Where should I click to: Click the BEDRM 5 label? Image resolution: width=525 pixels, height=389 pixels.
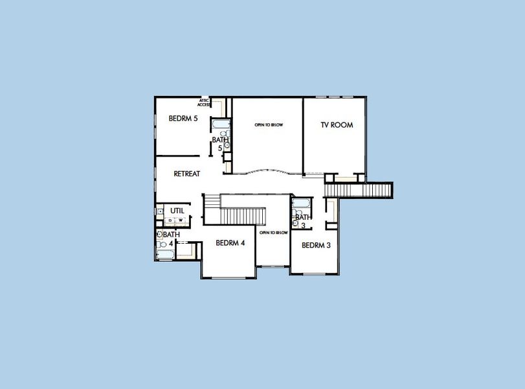(x=183, y=119)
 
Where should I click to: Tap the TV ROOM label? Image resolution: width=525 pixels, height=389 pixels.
(x=337, y=125)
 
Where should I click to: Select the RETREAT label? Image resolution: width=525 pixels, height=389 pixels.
(x=186, y=174)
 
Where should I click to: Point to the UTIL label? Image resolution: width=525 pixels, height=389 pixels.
(x=177, y=211)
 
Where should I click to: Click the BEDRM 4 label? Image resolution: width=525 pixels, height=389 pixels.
(x=230, y=243)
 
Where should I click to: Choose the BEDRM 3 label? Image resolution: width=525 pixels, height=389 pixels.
(x=316, y=245)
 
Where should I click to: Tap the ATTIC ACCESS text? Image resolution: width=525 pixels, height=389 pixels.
(x=204, y=102)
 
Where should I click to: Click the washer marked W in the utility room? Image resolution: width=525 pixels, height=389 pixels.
(x=181, y=220)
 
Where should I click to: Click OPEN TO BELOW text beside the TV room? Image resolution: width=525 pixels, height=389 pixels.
(x=268, y=124)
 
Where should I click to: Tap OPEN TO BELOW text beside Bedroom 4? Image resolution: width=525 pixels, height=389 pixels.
(x=273, y=232)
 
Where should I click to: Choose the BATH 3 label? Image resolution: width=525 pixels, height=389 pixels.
(x=302, y=221)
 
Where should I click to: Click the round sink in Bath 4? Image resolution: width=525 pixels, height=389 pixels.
(x=159, y=234)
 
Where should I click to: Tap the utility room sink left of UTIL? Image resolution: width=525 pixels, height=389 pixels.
(x=160, y=211)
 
